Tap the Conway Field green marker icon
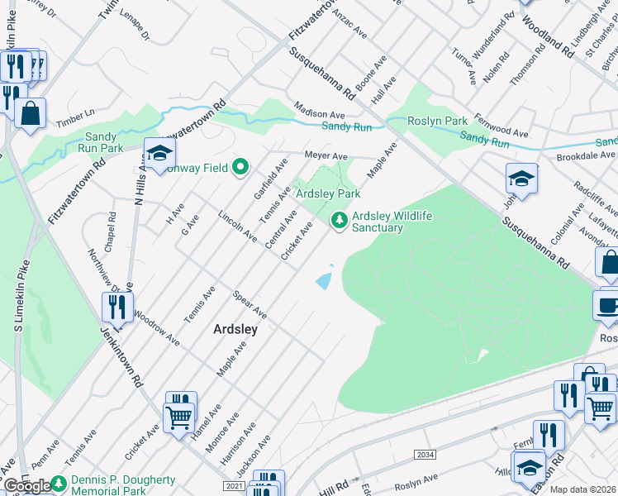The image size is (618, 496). pos(240,168)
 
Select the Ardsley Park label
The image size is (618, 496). pos(328,193)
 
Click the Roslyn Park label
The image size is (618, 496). pos(438,121)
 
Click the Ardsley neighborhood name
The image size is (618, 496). pos(235,328)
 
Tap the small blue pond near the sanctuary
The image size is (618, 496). pos(325,280)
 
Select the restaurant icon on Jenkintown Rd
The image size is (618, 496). pos(117,308)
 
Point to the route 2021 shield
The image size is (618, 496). pos(234,486)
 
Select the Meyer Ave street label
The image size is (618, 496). pos(326,155)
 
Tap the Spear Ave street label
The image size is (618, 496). pos(250,304)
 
